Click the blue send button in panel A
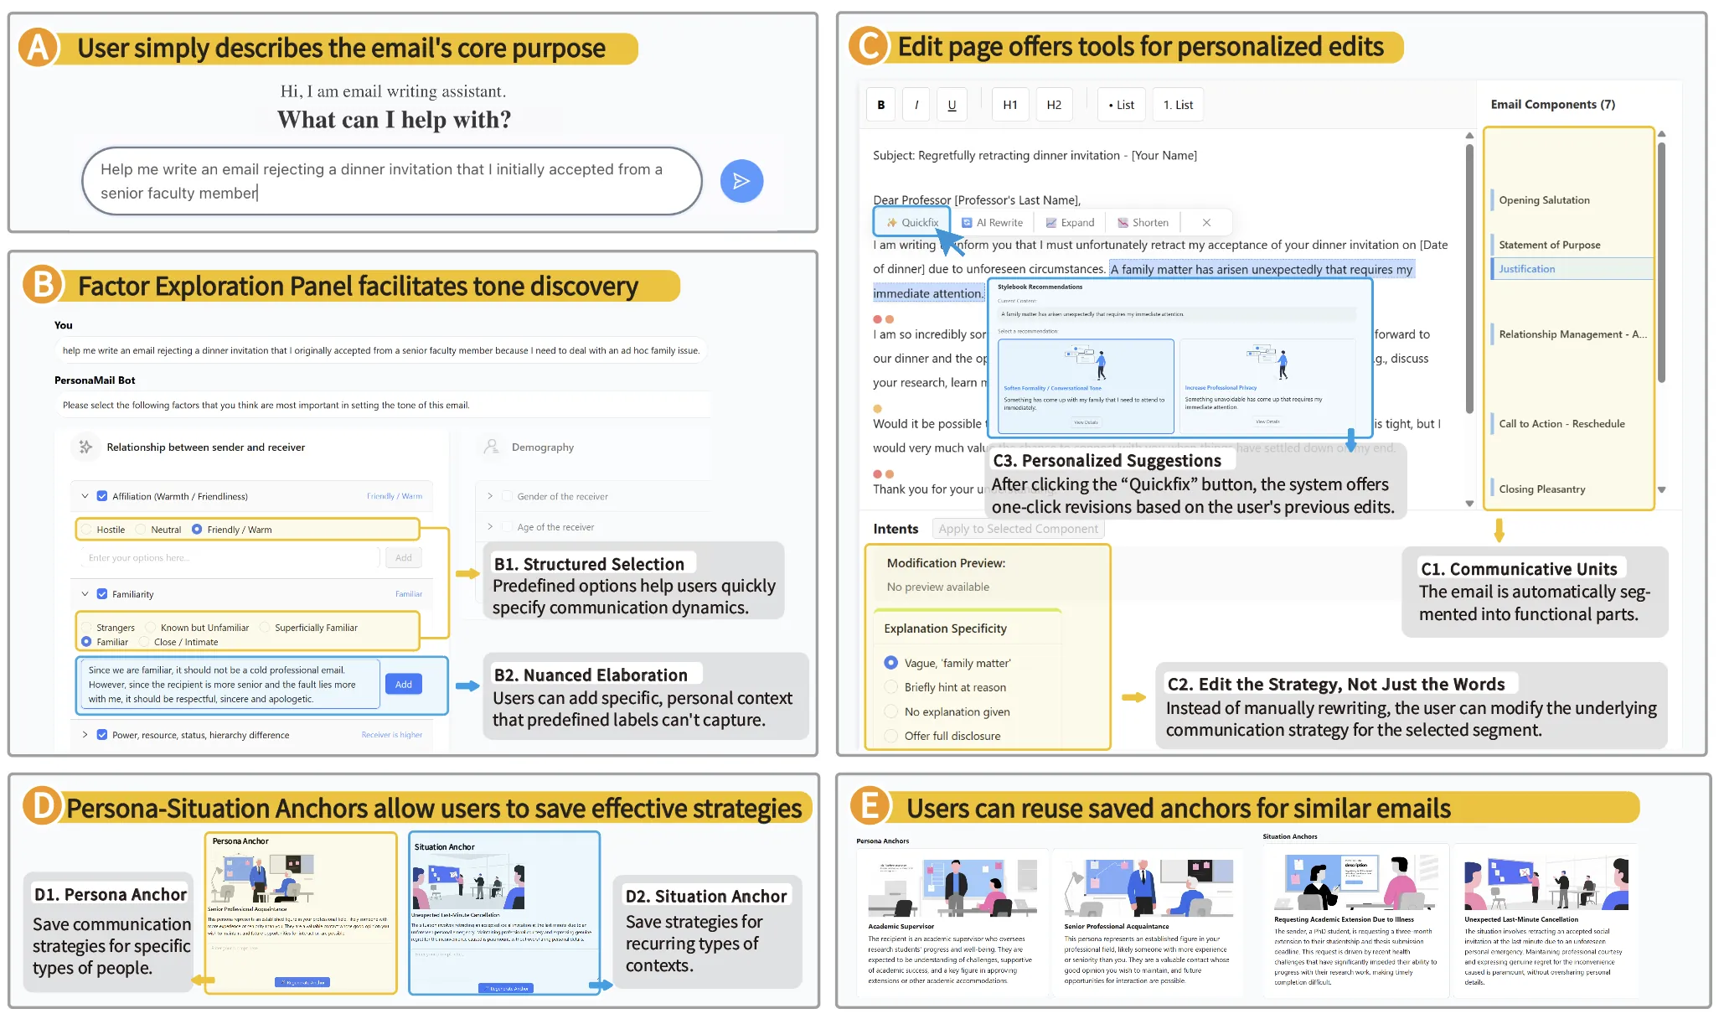(741, 181)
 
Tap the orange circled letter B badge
(43, 285)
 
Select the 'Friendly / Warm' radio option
(198, 530)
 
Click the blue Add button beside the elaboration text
(404, 685)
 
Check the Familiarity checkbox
(102, 594)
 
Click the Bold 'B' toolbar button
(880, 105)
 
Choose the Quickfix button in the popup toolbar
(912, 223)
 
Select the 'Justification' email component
(1526, 269)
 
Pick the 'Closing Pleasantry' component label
(1541, 489)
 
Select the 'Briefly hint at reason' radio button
(891, 687)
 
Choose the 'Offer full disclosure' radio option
(891, 736)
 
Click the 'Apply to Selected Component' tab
(1018, 529)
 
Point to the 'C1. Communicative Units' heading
(1518, 569)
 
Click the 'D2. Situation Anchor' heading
(705, 896)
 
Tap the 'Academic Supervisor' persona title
(901, 927)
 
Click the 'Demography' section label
(542, 447)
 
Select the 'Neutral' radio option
(142, 530)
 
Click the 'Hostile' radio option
(87, 530)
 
